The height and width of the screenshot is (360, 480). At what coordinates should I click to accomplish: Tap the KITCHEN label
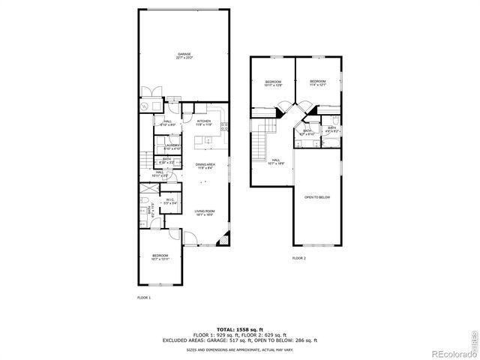[204, 121]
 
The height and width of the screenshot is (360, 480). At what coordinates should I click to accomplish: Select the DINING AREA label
[205, 165]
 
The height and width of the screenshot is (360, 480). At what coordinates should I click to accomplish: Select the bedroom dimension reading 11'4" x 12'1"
[318, 85]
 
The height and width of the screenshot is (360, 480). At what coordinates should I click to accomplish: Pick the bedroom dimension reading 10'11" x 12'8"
[273, 85]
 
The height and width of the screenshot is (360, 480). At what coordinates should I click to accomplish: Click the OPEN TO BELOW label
[317, 197]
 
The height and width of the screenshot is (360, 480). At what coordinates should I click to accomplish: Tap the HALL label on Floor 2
[276, 160]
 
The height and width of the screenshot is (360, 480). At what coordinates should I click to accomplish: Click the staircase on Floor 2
[260, 142]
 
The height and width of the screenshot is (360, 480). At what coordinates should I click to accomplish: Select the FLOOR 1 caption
[144, 298]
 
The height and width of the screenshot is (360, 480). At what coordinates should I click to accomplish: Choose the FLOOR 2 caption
[299, 258]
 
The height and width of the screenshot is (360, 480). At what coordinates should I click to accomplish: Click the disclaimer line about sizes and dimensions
[239, 349]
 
